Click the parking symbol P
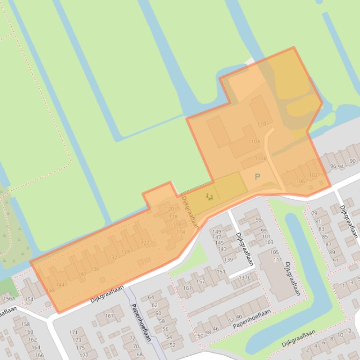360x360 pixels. (x=257, y=177)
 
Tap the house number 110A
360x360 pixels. (x=254, y=142)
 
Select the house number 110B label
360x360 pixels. (x=260, y=158)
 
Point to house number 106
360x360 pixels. (x=301, y=181)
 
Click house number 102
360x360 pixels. (x=313, y=175)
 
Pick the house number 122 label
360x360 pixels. (x=145, y=243)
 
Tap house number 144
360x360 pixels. (x=60, y=285)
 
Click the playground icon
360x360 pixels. (x=209, y=197)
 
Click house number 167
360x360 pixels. (x=109, y=316)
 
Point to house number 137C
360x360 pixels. (x=245, y=278)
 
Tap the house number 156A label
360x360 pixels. (x=9, y=299)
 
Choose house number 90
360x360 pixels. (x=352, y=161)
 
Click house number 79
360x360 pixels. (x=314, y=214)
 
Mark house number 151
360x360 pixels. (x=220, y=272)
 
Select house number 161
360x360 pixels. (x=187, y=288)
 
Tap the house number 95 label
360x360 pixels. (x=258, y=220)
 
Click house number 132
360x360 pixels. (x=113, y=258)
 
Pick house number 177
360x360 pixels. (x=83, y=355)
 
